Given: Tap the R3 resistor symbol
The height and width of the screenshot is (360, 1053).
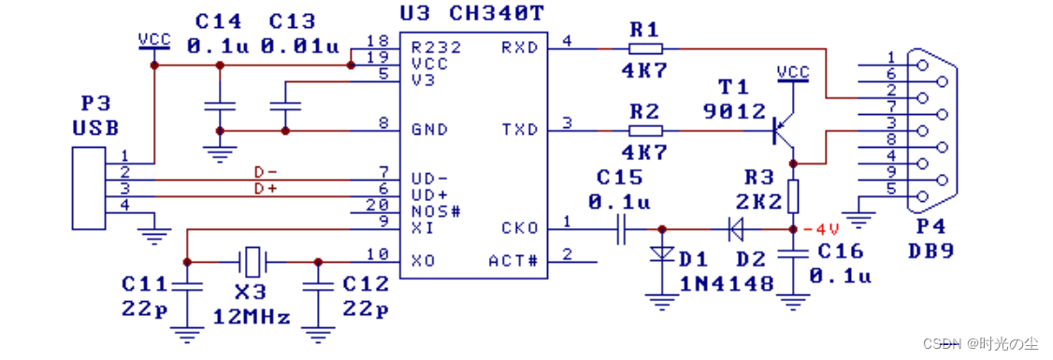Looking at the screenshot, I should pyautogui.click(x=793, y=195).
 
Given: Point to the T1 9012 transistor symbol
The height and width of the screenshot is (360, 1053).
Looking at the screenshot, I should pyautogui.click(x=784, y=130).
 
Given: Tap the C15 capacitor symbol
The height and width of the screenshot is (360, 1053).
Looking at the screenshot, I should pyautogui.click(x=622, y=228).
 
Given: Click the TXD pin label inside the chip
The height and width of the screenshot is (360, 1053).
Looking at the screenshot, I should pyautogui.click(x=520, y=130).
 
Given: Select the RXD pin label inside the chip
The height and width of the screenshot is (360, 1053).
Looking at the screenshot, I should pyautogui.click(x=520, y=48).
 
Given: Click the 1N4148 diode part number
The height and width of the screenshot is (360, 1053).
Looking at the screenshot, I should pyautogui.click(x=724, y=283).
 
